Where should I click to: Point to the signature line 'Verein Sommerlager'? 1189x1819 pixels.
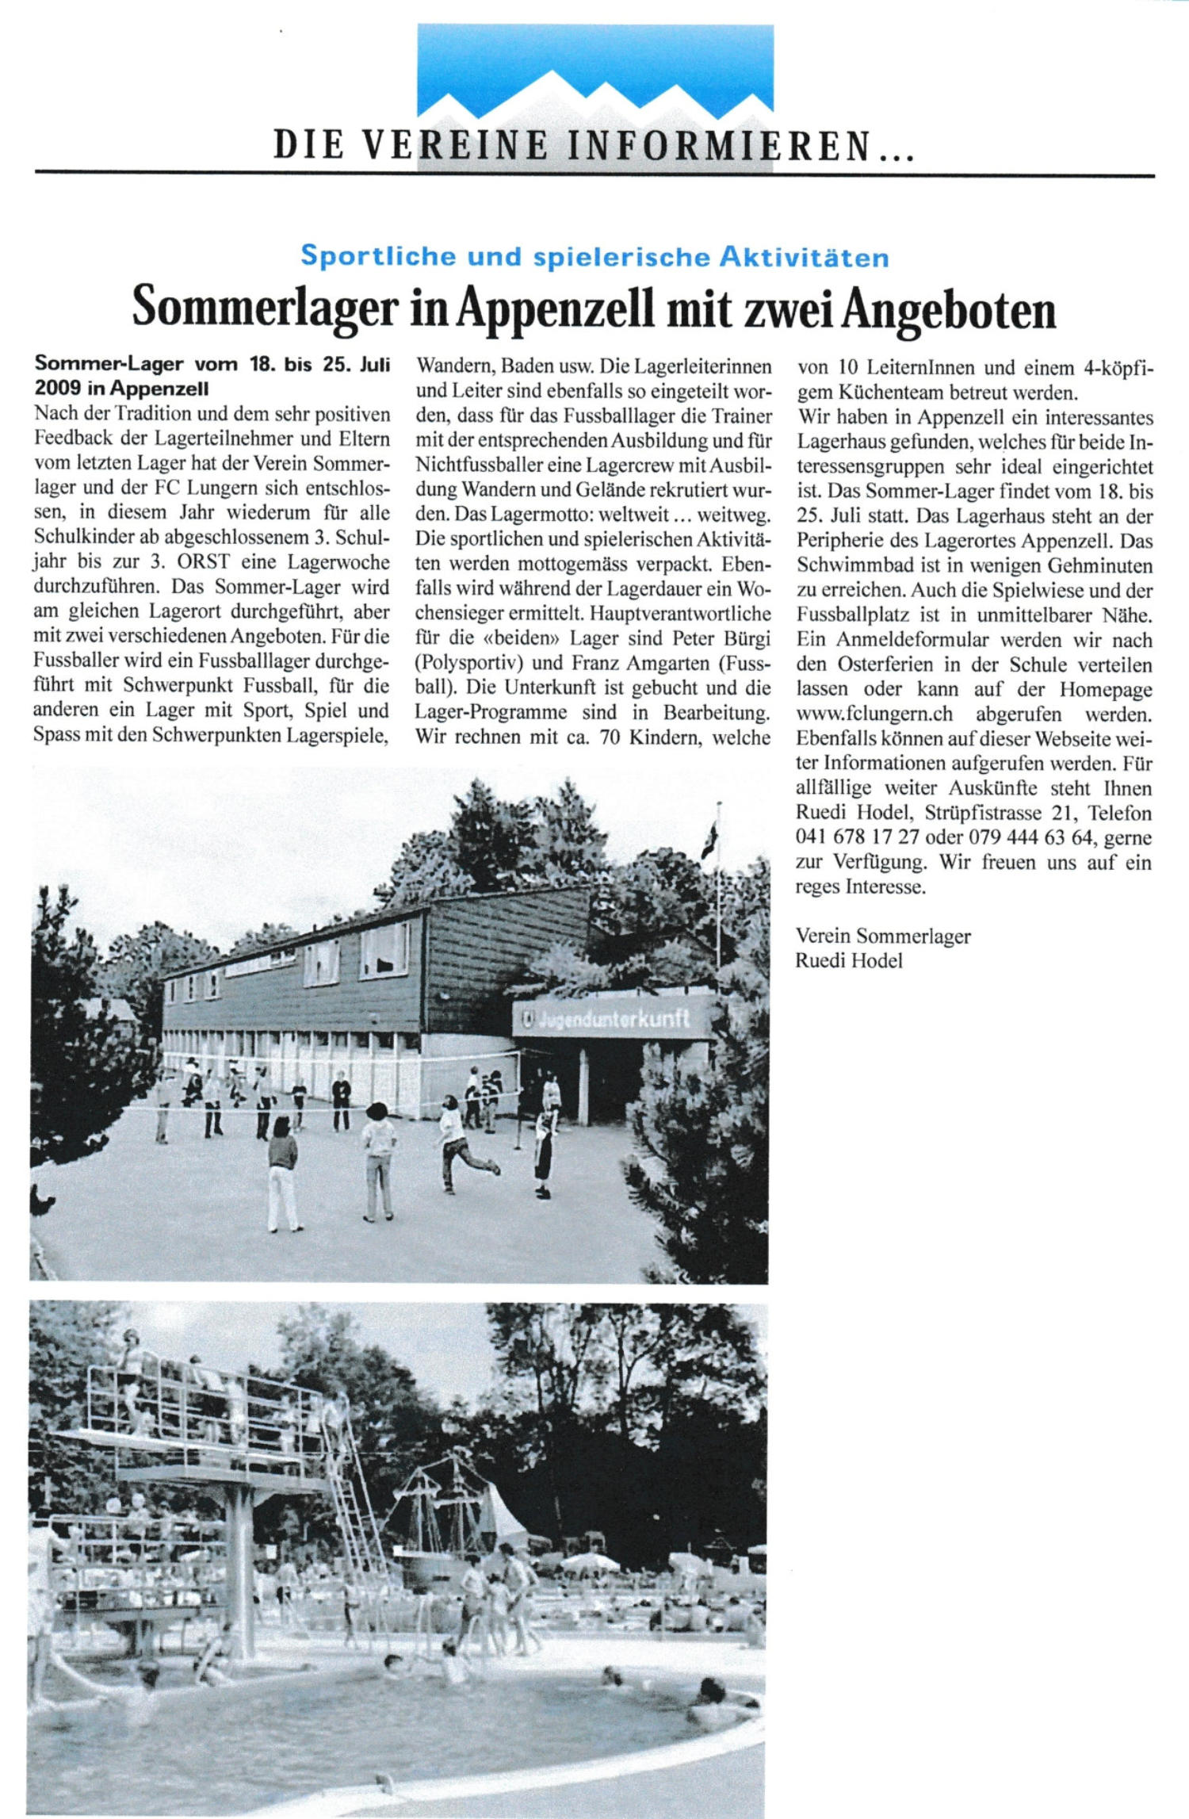point(882,936)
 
